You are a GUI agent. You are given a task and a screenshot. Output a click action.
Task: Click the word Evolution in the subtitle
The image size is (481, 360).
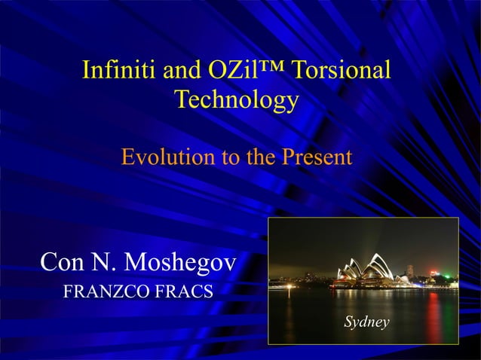166,158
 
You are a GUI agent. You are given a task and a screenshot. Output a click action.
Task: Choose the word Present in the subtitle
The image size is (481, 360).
317,158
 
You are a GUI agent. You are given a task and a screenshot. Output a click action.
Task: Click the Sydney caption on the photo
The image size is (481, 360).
366,322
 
